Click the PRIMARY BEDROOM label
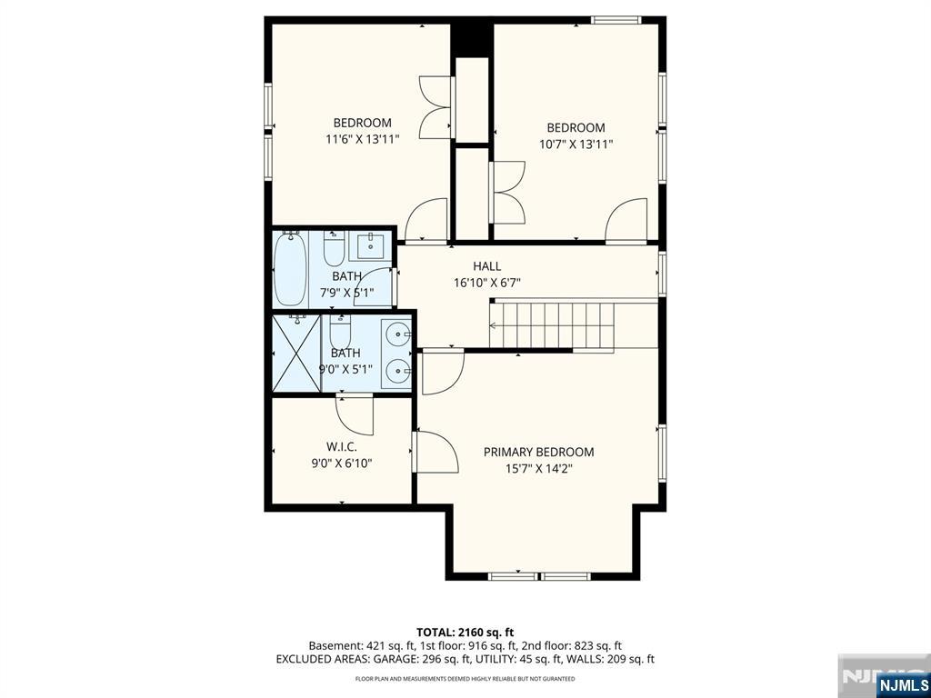(x=538, y=453)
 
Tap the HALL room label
(x=487, y=266)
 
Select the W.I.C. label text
(x=342, y=447)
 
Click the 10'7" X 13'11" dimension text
(x=576, y=145)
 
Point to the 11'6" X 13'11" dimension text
(x=362, y=139)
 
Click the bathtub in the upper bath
(x=290, y=268)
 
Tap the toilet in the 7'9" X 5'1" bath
(x=334, y=248)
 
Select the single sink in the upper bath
(x=371, y=245)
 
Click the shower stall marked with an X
(x=296, y=354)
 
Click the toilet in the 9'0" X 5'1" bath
(x=340, y=331)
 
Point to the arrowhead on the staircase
(x=492, y=325)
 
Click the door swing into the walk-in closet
(x=355, y=414)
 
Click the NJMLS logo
(x=902, y=683)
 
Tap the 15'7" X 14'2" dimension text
(x=538, y=469)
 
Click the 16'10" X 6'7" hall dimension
(x=487, y=284)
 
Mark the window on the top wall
(x=616, y=20)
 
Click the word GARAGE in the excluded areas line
(x=398, y=659)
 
